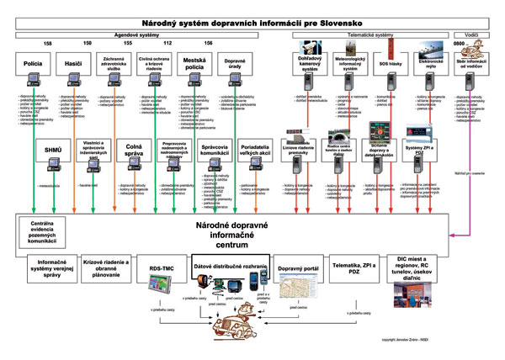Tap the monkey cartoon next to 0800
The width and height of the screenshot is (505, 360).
pyautogui.click(x=486, y=47)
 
